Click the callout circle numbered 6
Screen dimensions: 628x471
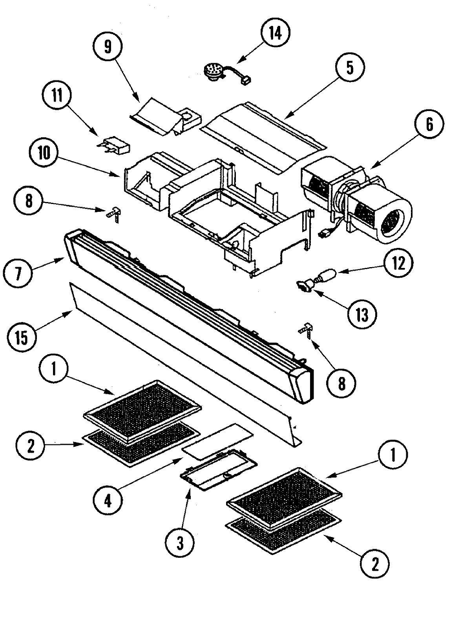pos(429,125)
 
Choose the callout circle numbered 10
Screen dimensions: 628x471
pos(44,154)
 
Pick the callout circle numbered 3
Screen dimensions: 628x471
pos(180,542)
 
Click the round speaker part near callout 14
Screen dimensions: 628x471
pos(213,72)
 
